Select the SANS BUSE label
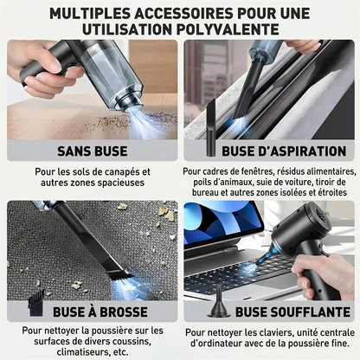click(93, 150)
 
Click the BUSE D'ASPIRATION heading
click(268, 150)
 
